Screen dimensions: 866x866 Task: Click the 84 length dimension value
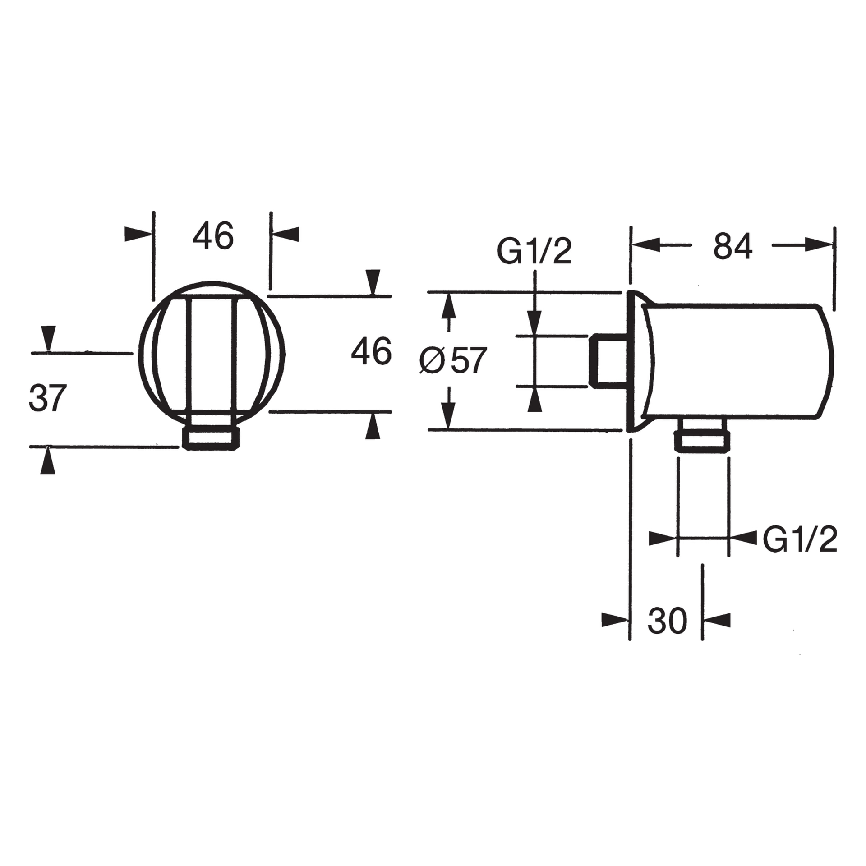[732, 246]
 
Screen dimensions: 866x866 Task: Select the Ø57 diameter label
[452, 360]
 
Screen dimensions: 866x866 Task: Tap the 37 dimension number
[47, 398]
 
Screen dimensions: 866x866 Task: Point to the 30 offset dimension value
[667, 621]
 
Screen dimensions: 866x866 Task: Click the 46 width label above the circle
[213, 236]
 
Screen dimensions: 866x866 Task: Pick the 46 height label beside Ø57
[371, 352]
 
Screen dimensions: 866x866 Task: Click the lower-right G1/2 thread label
[800, 539]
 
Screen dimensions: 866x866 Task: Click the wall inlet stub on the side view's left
[609, 361]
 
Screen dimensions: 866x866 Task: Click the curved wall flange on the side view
[640, 361]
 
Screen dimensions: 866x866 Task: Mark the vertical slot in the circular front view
[212, 356]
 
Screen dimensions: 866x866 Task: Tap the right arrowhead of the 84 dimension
[819, 245]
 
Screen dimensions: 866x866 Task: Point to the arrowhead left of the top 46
[137, 234]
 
